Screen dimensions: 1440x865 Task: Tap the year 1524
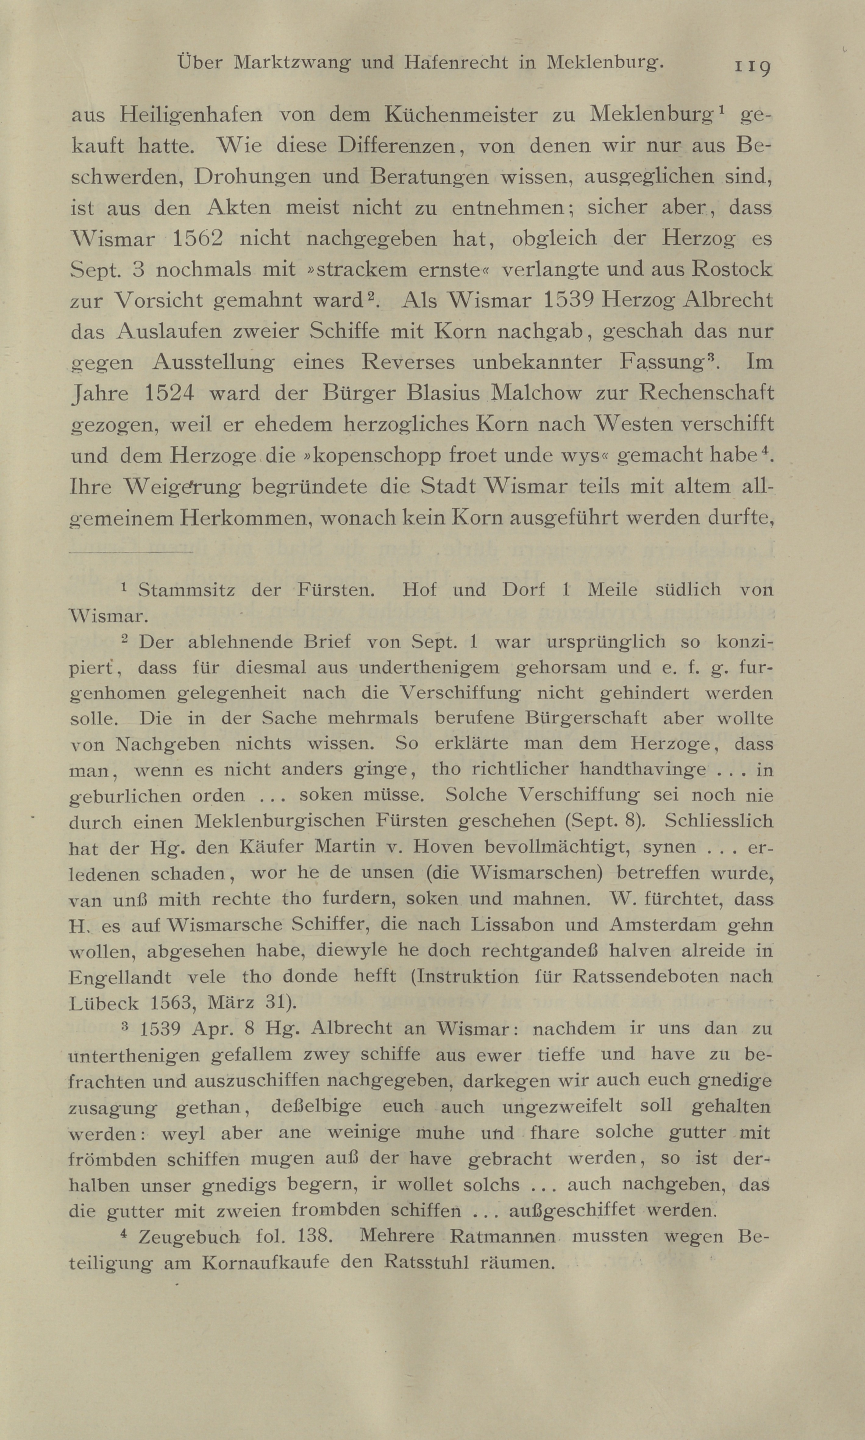(168, 393)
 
